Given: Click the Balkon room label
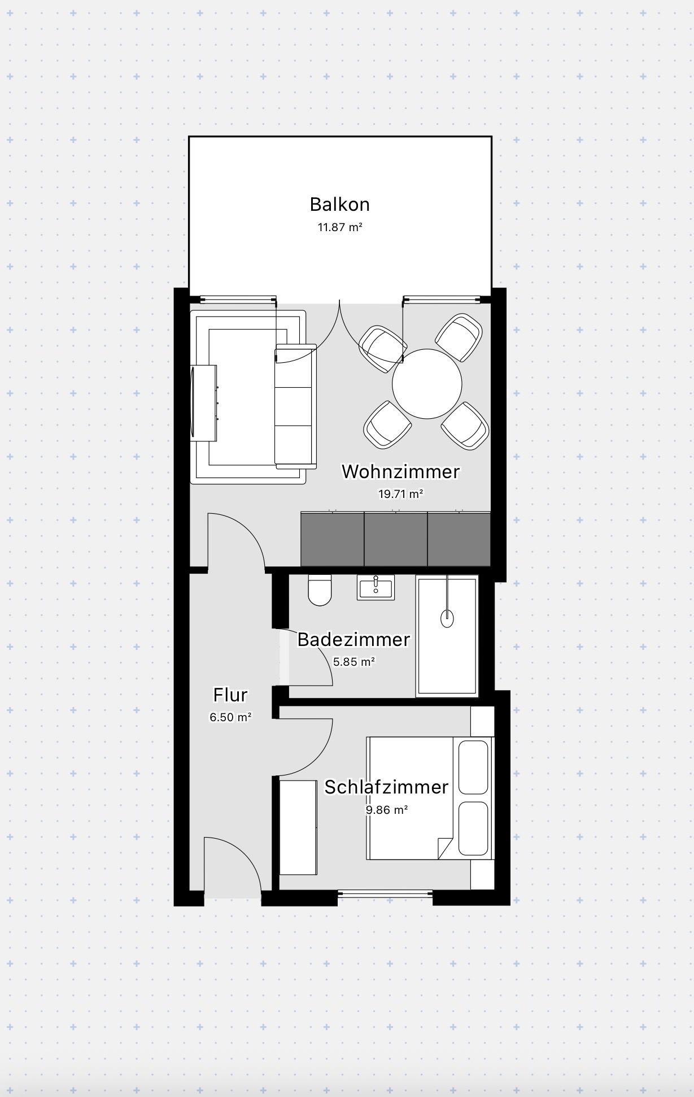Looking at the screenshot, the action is tap(339, 204).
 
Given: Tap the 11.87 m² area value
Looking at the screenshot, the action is tap(339, 227).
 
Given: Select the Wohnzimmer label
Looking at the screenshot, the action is tap(400, 471).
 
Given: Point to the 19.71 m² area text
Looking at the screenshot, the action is tap(400, 493).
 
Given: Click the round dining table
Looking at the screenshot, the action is tap(427, 384).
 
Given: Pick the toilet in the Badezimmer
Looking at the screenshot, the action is tap(320, 590).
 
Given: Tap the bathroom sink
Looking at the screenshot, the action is tap(376, 587).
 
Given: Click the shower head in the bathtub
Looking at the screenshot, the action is tap(447, 618).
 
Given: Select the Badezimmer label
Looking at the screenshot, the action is tap(353, 639).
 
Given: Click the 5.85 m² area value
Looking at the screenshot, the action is tap(353, 661).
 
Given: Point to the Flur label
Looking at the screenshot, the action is tap(230, 695).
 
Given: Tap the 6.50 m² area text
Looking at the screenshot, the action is tap(230, 717).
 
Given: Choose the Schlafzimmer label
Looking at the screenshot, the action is tap(386, 787).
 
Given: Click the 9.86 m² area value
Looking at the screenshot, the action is tap(386, 809).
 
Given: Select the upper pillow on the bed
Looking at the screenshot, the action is tap(473, 768).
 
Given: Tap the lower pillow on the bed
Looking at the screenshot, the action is tap(473, 828).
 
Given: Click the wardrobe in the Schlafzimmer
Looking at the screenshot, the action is tap(298, 827).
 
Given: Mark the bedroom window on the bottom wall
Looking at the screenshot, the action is tap(385, 893).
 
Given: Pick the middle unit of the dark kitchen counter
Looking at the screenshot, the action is tap(395, 539).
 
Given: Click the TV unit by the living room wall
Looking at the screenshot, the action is tap(204, 402).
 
